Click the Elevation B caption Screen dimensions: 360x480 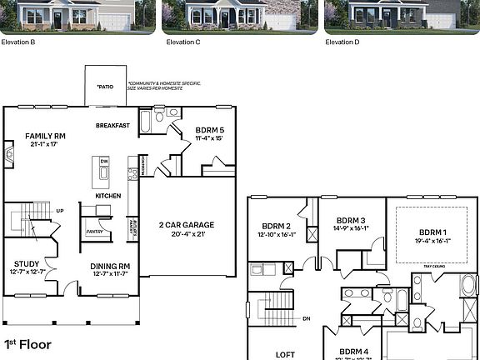(18, 41)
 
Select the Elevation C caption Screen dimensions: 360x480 (183, 41)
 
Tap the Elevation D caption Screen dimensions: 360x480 (342, 41)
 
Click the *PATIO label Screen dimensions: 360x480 (105, 86)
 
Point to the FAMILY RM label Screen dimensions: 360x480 (45, 135)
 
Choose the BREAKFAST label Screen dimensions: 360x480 (112, 125)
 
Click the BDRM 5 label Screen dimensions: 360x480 (209, 130)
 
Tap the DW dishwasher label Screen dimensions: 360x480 (104, 162)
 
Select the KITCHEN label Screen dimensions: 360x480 (107, 196)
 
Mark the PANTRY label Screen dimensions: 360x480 (94, 232)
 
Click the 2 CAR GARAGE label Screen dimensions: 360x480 (186, 225)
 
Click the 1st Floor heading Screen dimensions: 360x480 (27, 343)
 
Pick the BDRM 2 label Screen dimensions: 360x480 (276, 226)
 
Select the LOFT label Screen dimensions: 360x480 (286, 354)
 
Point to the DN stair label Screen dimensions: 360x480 (307, 318)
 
